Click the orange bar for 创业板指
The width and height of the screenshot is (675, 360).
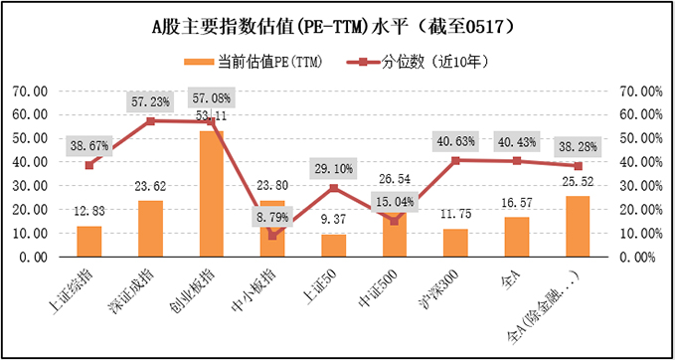click(x=211, y=194)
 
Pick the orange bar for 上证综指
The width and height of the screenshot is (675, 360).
click(x=89, y=241)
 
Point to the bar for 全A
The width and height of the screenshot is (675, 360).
click(x=515, y=237)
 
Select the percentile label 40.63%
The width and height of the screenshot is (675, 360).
click(x=454, y=141)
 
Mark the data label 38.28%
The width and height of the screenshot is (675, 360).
click(x=577, y=146)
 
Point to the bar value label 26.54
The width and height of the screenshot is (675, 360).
click(x=394, y=179)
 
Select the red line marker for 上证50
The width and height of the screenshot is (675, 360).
click(x=333, y=187)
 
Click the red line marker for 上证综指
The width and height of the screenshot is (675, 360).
click(x=89, y=164)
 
